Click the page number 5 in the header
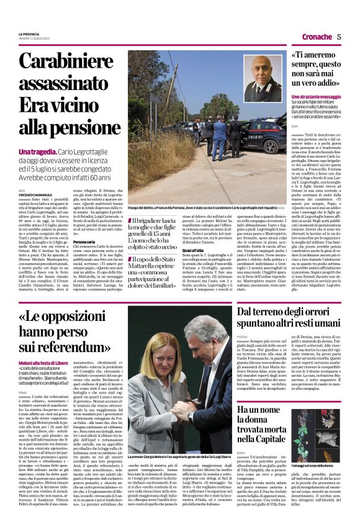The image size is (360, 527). (339, 37)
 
